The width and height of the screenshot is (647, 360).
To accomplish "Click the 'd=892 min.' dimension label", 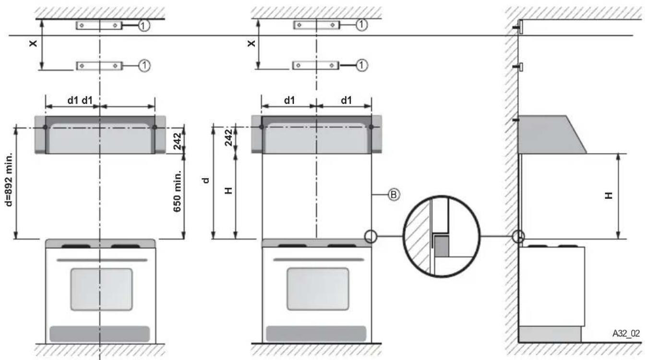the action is pos(9,180).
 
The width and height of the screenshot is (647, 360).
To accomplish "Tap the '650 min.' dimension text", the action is pos(177,191).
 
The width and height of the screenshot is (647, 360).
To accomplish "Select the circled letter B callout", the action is pos(394,195).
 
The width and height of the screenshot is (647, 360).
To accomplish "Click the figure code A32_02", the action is pos(626,333).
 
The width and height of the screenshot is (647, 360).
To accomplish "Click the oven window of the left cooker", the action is pos(102,289).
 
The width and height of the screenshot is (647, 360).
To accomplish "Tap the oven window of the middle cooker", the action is pos(318,289).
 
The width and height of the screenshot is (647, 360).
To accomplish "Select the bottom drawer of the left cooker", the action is pos(100,334).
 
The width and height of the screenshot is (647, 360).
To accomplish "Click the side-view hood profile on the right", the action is pos(551,134).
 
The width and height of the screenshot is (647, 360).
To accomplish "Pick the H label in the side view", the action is pos(609,196).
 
